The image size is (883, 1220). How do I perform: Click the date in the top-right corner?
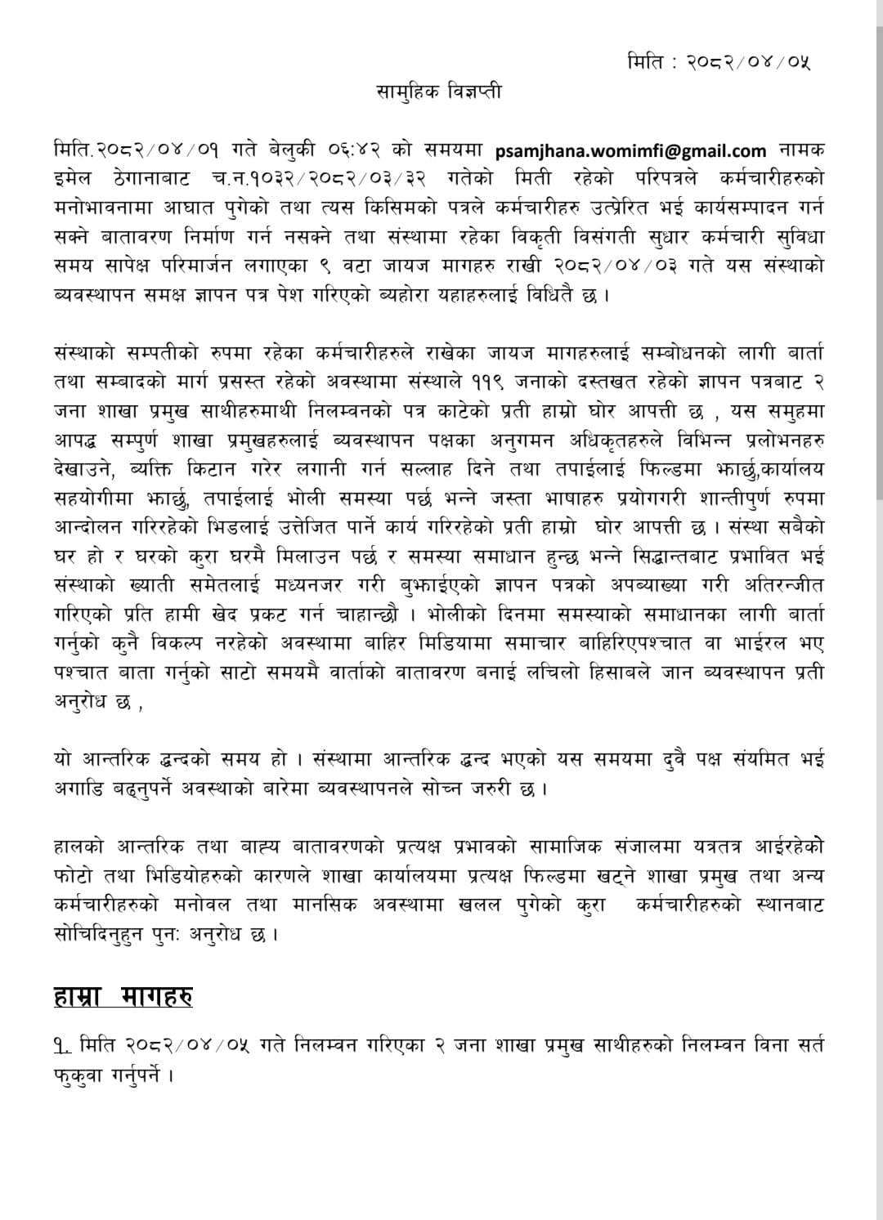click(x=719, y=61)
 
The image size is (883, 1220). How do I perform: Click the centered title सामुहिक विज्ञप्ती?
click(x=439, y=92)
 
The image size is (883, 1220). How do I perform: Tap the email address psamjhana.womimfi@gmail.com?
click(x=631, y=150)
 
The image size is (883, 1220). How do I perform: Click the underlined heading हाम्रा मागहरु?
click(x=123, y=997)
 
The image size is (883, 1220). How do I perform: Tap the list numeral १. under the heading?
click(x=63, y=1045)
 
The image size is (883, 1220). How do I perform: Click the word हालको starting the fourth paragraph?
click(x=78, y=847)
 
